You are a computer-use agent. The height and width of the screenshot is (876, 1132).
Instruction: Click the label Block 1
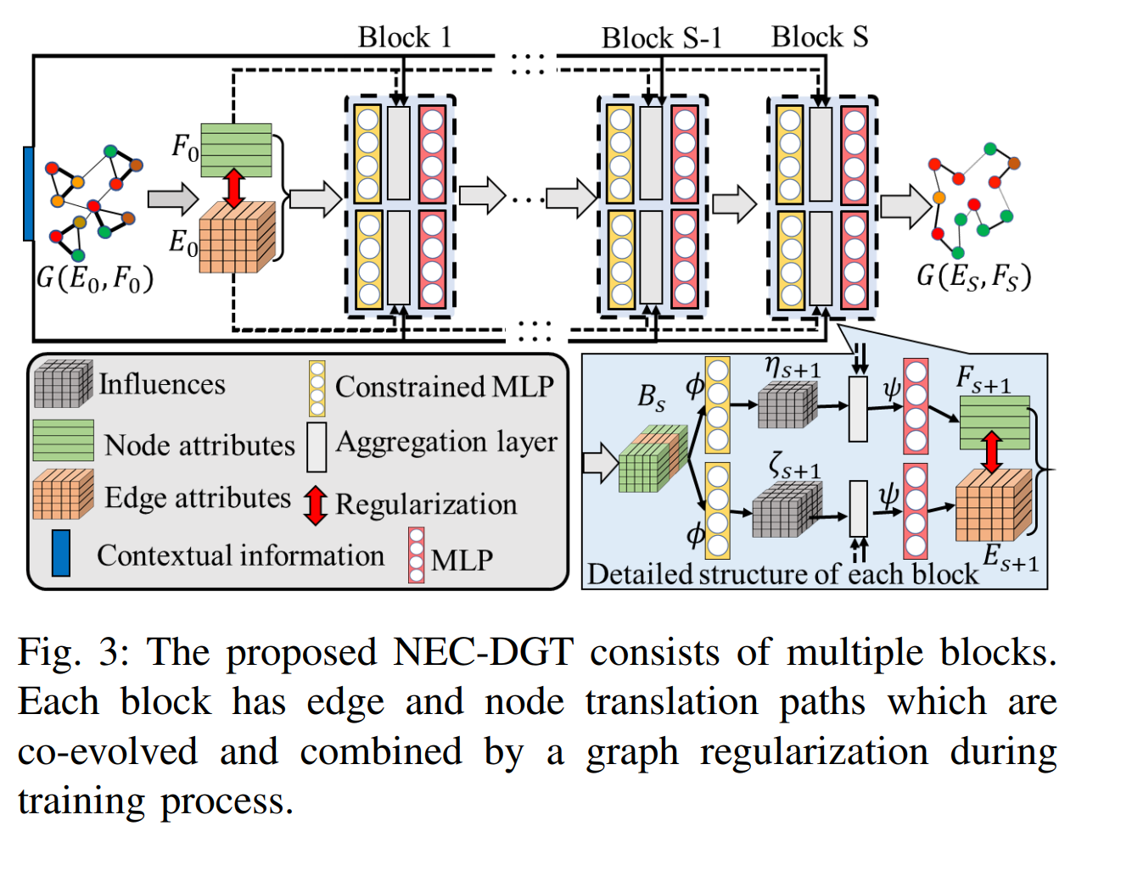[x=405, y=37]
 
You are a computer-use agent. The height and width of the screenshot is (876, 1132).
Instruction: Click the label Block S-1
[x=661, y=38]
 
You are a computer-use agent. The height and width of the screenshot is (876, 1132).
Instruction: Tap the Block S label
[x=819, y=37]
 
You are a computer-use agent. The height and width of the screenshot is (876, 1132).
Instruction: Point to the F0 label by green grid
[x=185, y=147]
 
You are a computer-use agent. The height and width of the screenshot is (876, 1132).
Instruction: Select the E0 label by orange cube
[x=183, y=243]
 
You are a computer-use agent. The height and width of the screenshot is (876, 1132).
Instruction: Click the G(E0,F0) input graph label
[x=95, y=278]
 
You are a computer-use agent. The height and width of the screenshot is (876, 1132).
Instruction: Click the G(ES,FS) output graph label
[x=974, y=276]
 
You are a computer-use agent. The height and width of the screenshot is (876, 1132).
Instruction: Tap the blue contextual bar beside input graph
[x=28, y=193]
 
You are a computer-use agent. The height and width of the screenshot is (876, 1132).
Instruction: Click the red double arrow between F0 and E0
[x=234, y=188]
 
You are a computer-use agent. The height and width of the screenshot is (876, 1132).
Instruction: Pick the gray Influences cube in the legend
[x=63, y=383]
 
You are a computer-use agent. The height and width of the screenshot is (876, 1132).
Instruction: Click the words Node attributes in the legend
[x=199, y=445]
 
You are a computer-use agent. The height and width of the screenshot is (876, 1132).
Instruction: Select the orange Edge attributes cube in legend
[x=63, y=494]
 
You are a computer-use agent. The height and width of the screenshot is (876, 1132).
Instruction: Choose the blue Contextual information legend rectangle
[x=61, y=553]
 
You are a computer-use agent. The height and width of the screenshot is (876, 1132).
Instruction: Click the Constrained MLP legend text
[x=445, y=387]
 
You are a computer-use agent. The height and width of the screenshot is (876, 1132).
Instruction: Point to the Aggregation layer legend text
[x=446, y=442]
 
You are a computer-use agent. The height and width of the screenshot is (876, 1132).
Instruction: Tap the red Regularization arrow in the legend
[x=316, y=505]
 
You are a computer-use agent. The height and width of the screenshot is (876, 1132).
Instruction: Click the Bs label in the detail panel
[x=652, y=397]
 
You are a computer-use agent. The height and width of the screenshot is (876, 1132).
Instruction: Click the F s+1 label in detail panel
[x=983, y=379]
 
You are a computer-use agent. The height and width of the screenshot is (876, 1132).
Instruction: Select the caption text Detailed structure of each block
[x=782, y=574]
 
